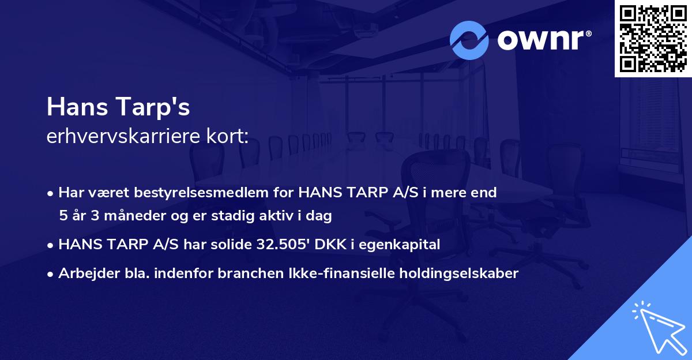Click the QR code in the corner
pyautogui.click(x=653, y=38)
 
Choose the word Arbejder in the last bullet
pyautogui.click(x=84, y=273)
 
